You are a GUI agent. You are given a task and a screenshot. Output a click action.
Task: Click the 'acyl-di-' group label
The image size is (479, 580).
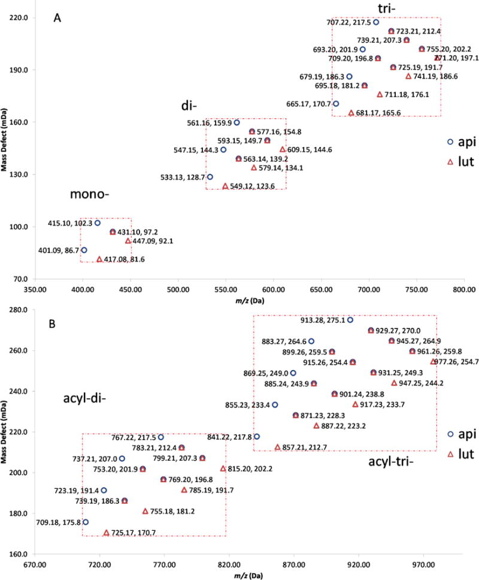[83, 398]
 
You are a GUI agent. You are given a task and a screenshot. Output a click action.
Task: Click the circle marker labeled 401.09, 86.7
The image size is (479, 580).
[84, 250]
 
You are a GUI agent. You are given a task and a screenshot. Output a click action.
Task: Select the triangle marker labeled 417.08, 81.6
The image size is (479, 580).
[99, 259]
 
